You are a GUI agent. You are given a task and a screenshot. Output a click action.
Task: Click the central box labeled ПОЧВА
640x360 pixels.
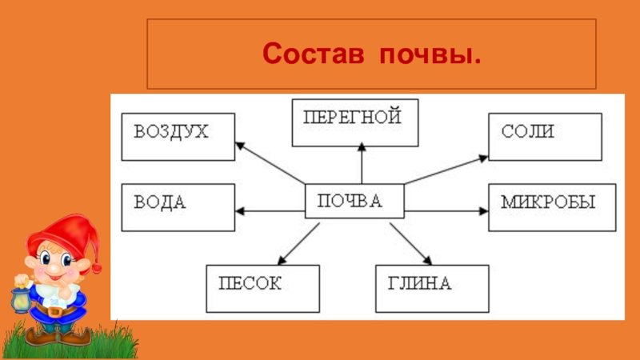354,202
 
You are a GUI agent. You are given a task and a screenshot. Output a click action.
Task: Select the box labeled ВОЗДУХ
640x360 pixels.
178,137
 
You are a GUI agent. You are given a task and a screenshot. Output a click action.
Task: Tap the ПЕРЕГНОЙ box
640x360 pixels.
355,123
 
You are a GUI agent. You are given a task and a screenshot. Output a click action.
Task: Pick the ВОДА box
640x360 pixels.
178,207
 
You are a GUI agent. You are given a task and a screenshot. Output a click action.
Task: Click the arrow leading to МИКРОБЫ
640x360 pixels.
446,211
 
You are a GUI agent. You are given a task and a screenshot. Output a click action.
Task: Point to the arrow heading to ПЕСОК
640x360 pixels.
296,243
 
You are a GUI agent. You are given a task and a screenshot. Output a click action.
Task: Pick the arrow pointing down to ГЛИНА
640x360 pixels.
410,243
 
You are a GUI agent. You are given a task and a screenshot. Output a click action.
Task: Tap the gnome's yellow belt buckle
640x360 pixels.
53,310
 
